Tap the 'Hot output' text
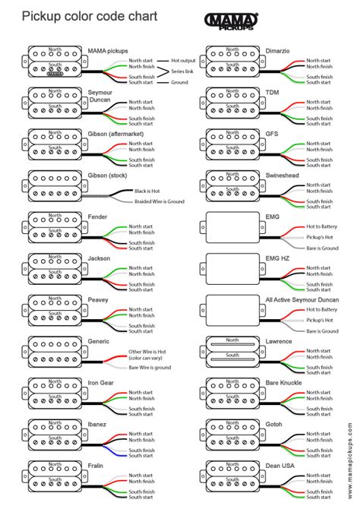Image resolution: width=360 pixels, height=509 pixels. (x=184, y=59)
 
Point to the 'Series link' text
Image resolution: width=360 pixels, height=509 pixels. (x=183, y=71)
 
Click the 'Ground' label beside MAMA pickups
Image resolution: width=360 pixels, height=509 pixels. (x=180, y=82)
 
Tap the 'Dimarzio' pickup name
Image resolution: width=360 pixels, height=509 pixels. (x=276, y=50)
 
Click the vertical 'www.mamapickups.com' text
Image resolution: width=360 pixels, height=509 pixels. (x=352, y=455)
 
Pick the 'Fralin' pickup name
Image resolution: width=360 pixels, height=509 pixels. (x=96, y=464)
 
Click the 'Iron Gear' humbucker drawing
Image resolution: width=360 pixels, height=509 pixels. (x=51, y=392)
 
